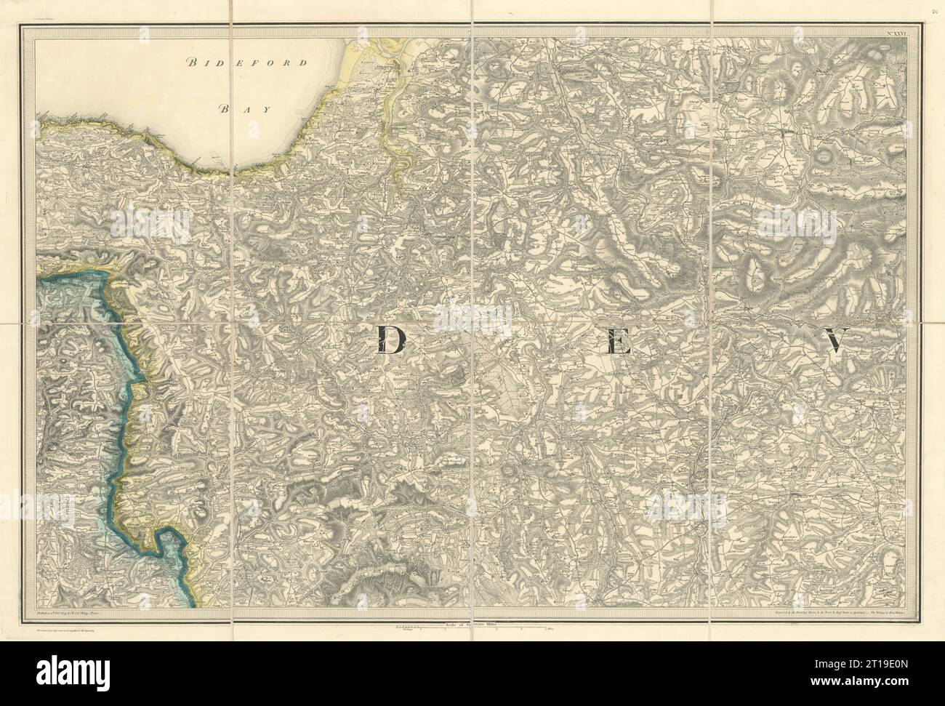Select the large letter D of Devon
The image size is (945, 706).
coord(391,340)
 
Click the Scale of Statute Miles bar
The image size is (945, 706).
coord(472,605)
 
